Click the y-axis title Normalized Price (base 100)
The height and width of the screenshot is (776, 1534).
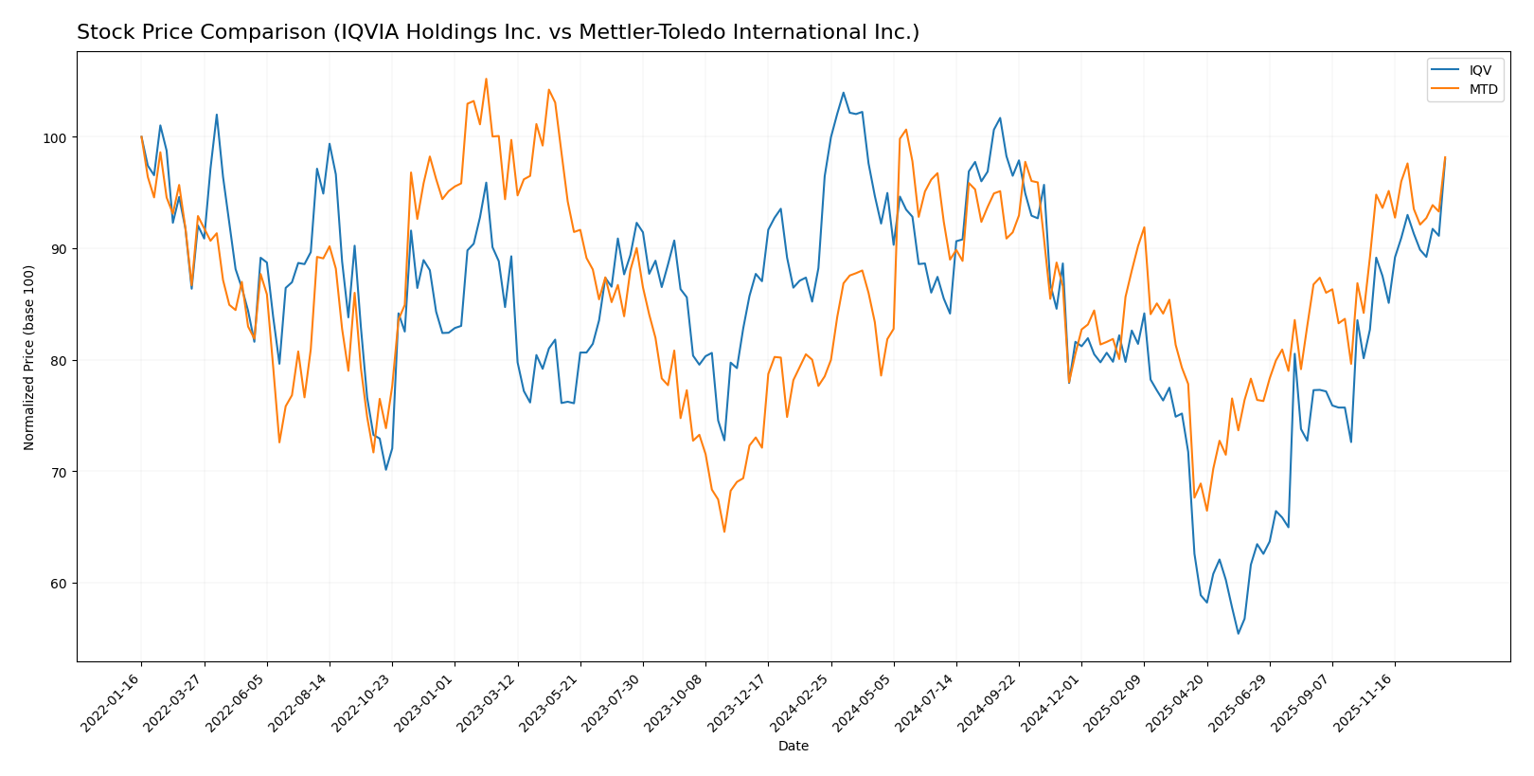29,357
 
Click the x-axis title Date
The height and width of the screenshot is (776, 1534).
794,747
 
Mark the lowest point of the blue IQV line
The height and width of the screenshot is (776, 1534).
1238,634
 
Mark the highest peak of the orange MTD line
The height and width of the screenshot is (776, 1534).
486,79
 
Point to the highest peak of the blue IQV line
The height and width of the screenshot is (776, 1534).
843,93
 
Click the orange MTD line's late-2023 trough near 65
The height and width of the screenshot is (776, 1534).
724,532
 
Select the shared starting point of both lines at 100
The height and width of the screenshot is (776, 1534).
142,137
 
